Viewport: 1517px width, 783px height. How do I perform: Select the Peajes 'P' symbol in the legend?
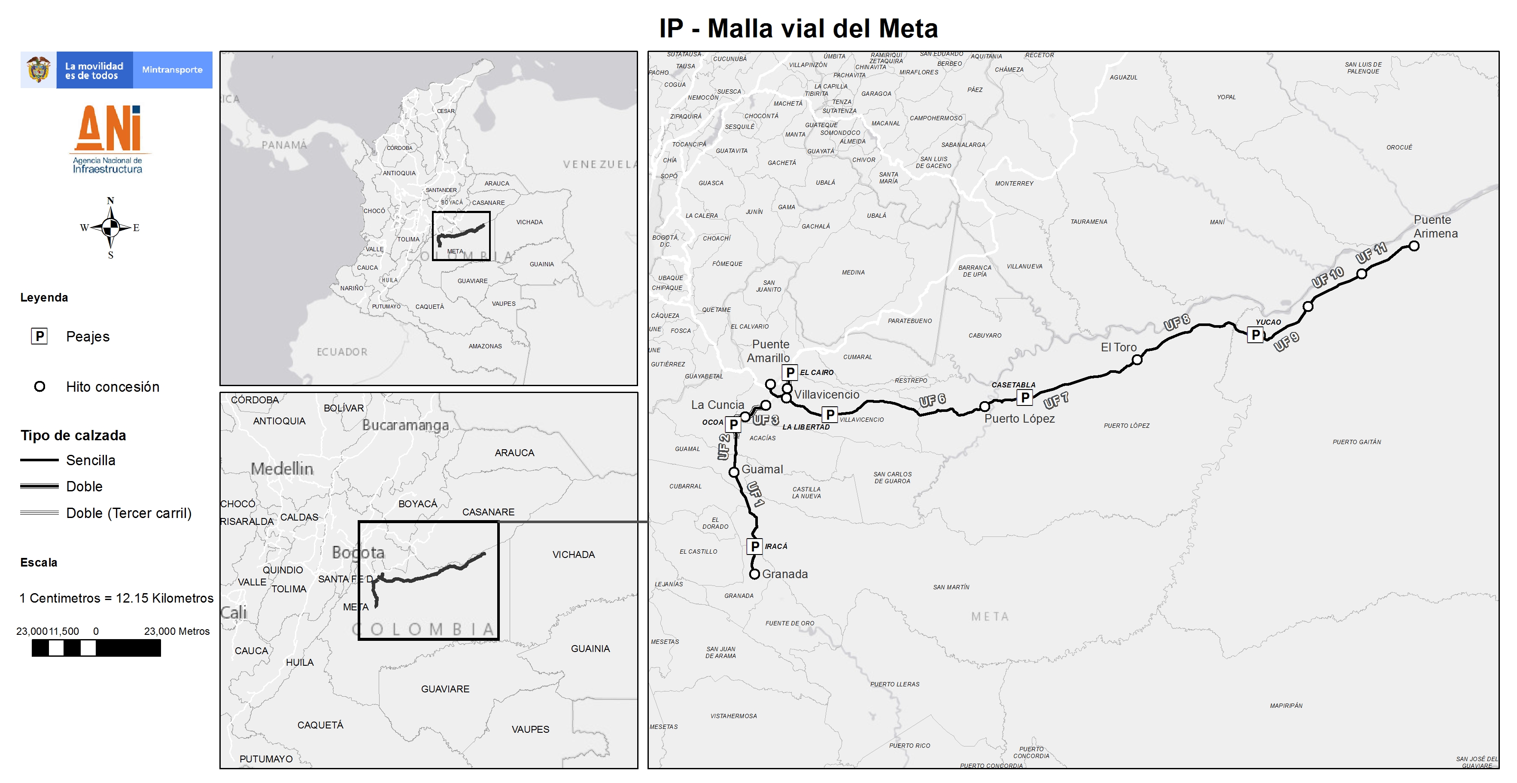(40, 336)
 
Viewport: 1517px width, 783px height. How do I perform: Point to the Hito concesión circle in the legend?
(40, 387)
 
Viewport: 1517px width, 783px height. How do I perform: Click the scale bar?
(96, 648)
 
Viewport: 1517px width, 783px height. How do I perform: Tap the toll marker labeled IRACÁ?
(755, 546)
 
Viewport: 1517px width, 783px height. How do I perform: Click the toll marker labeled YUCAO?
(1256, 335)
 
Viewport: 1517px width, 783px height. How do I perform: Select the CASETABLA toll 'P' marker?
(1025, 398)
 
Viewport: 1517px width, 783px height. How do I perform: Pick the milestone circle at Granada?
(754, 574)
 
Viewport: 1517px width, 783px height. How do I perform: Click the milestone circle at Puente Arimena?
(1414, 246)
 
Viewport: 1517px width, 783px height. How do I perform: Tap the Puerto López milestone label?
(1019, 419)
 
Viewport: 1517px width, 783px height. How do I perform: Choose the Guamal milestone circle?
(734, 472)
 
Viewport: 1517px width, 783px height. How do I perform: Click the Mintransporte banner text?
(172, 70)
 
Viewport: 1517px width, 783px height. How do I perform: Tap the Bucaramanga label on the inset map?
(405, 425)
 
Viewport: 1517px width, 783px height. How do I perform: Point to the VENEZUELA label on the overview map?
(599, 165)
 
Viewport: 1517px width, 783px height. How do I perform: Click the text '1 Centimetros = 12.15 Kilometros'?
(116, 598)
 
